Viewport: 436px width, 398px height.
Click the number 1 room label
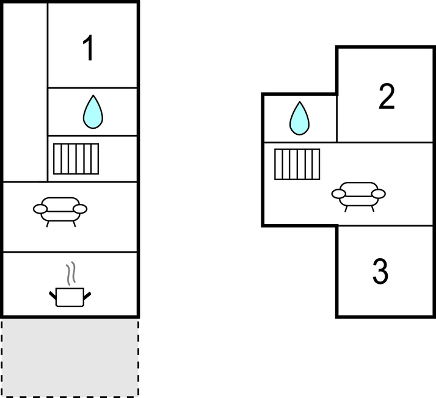pos(89,49)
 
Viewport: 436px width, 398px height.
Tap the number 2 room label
pos(387,97)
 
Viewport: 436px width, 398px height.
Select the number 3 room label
pos(380,272)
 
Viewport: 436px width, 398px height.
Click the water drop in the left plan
pos(93,112)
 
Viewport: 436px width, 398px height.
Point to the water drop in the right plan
pos(299,118)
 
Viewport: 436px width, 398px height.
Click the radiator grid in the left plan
pos(76,159)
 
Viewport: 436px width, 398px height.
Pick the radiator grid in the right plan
pos(297,164)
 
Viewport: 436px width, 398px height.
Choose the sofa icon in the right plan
pos(358,195)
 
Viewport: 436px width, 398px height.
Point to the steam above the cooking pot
pos(71,273)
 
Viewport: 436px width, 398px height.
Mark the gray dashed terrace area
pos(69,357)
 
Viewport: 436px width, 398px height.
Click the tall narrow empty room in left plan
pos(25,92)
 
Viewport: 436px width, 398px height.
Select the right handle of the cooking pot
pos(87,296)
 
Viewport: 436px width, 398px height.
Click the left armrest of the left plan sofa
pos(40,209)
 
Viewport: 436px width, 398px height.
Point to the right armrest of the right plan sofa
pos(378,194)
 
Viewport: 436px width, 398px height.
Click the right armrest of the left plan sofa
pos(80,209)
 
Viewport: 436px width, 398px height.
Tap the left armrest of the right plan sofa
pos(339,194)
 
